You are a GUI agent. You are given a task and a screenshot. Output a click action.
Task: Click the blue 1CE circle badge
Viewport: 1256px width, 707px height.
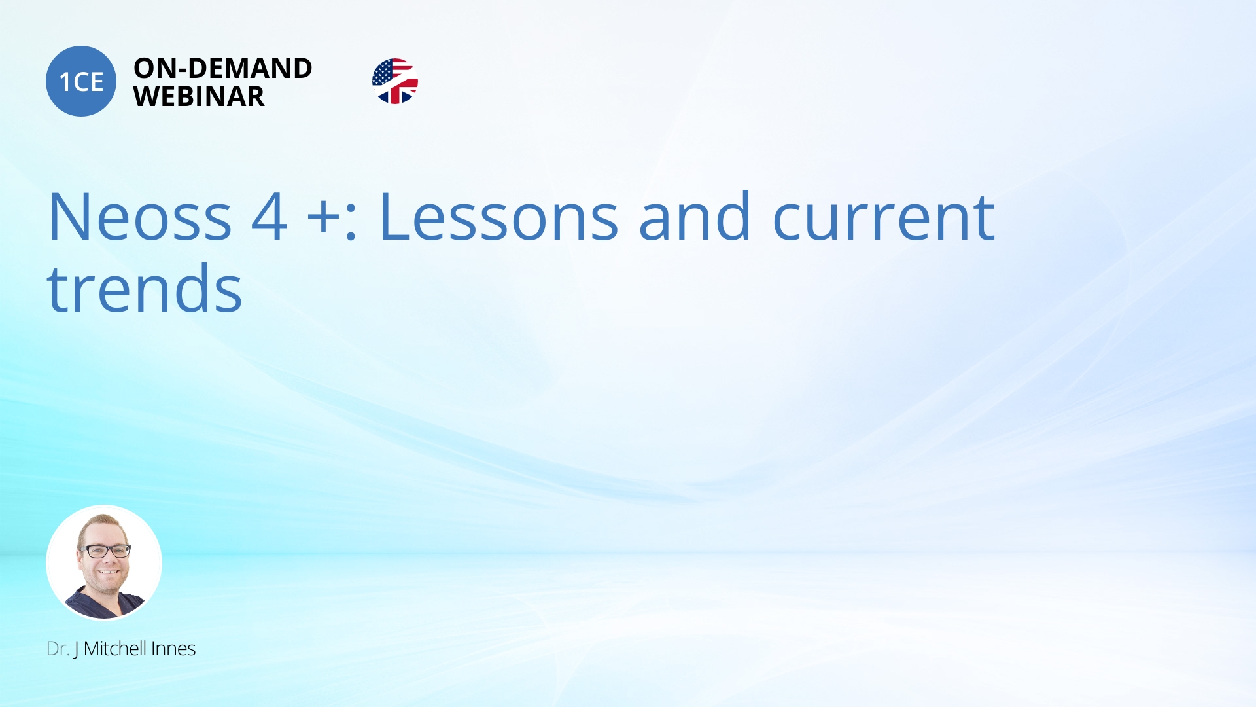coord(81,81)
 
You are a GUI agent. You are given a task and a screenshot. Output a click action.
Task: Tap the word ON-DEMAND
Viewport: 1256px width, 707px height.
coord(223,68)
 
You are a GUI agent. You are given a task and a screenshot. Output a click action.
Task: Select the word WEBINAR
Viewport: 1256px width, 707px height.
coord(199,97)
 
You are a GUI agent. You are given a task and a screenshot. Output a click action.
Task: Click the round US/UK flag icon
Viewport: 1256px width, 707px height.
coord(395,81)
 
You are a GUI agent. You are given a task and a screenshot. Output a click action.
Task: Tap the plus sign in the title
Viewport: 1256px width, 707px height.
coord(324,219)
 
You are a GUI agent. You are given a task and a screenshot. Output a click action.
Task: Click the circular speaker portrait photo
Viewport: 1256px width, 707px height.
coord(104,563)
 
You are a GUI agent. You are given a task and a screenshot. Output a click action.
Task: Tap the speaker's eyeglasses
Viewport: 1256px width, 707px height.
coord(105,551)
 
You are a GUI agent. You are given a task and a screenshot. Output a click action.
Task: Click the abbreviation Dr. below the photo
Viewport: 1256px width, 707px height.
coord(58,649)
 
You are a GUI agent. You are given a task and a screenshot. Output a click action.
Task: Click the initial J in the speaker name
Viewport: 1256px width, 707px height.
coord(76,649)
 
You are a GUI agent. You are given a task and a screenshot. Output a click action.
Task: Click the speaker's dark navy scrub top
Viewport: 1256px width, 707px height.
coord(105,605)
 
